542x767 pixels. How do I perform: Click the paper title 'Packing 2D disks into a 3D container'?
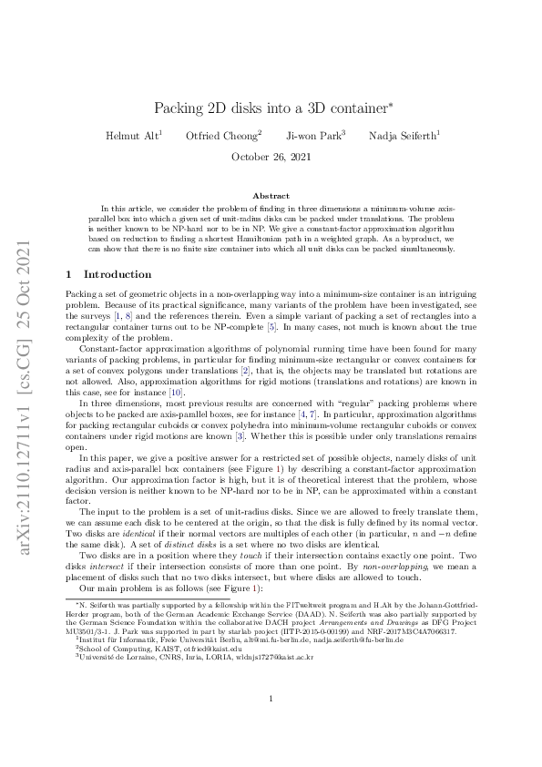pyautogui.click(x=271, y=108)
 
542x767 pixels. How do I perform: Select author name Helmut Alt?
pyautogui.click(x=131, y=137)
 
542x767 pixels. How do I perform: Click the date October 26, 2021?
pyautogui.click(x=271, y=157)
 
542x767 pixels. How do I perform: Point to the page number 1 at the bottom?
pyautogui.click(x=271, y=724)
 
